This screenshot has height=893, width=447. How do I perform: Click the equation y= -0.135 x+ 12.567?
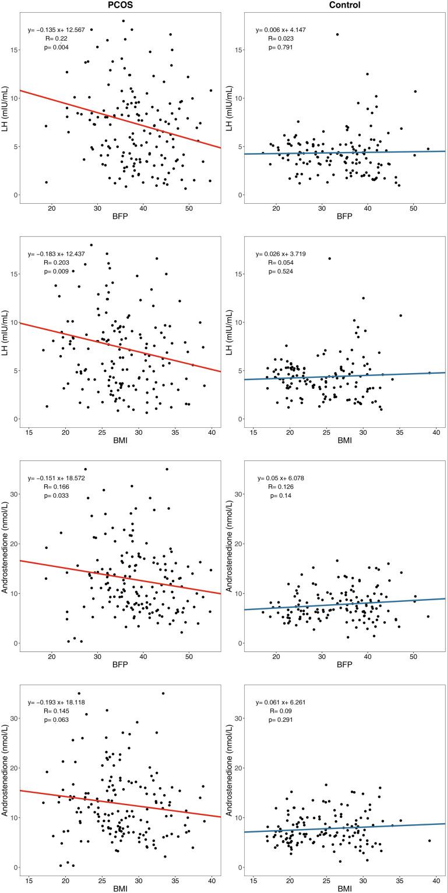click(x=59, y=30)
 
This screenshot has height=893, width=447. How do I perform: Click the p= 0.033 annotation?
click(x=57, y=496)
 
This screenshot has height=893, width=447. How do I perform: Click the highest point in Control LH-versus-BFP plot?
click(x=337, y=34)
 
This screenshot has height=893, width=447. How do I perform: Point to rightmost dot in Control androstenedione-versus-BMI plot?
click(x=430, y=841)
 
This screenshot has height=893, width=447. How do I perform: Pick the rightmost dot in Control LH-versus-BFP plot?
click(x=428, y=149)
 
